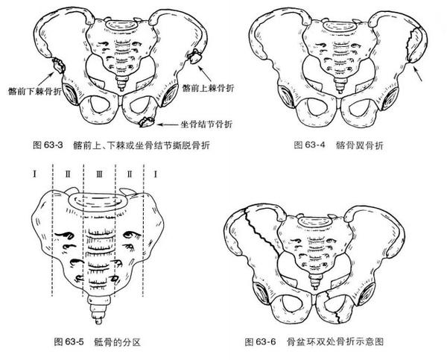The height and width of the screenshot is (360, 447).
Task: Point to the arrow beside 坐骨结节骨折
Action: [x=166, y=122]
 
